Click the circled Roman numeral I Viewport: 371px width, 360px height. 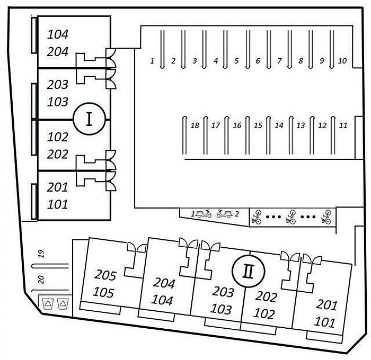(89, 119)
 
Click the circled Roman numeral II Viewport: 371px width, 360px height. (248, 271)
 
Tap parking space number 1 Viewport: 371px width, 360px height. (152, 61)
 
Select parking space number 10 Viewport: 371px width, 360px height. (342, 61)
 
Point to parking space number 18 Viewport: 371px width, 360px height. (195, 125)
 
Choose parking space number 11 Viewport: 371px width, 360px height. (343, 125)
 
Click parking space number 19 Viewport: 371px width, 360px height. (41, 254)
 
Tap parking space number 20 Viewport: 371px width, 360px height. (41, 280)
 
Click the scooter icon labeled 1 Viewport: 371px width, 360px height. (204, 214)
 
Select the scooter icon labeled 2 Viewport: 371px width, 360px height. (224, 214)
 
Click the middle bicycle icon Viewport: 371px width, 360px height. (291, 217)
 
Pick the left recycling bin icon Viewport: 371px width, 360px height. (48, 303)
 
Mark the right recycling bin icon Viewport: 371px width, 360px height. (63, 303)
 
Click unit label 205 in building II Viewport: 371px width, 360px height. (105, 275)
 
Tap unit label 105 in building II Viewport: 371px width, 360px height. (103, 292)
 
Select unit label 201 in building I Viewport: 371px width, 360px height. (57, 187)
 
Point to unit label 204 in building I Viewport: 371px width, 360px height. (57, 51)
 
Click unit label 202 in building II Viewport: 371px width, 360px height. (266, 297)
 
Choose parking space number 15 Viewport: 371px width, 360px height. (258, 125)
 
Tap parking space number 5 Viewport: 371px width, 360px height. (236, 61)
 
